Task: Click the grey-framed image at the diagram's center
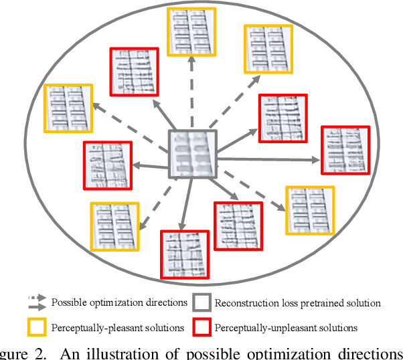(192, 155)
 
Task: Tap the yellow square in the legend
(36, 327)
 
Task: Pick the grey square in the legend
(201, 302)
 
